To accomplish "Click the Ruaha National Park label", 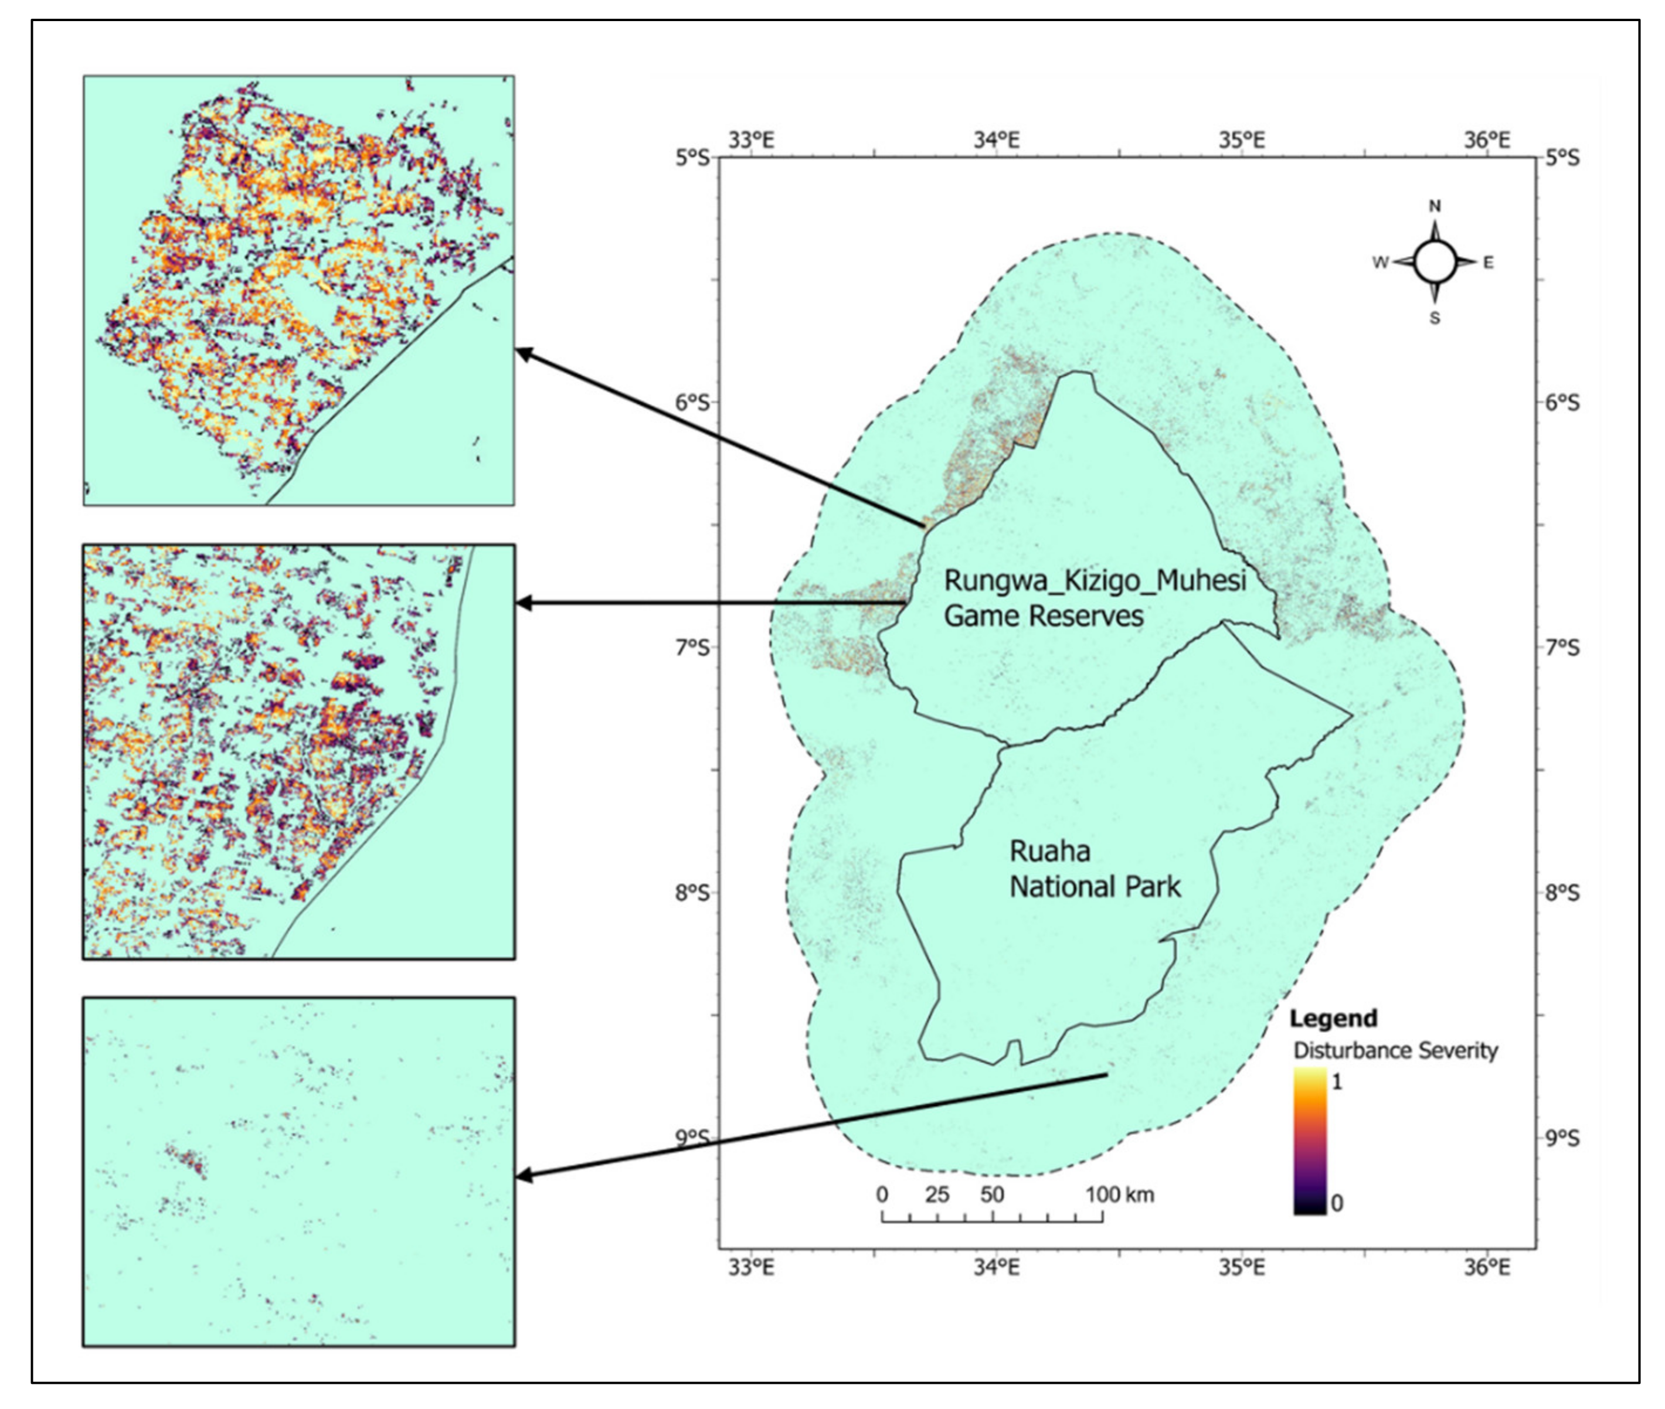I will click(x=1095, y=869).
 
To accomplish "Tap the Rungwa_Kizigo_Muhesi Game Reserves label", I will click(x=1095, y=597).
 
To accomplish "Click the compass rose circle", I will click(x=1435, y=262).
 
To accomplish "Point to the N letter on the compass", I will click(x=1435, y=206).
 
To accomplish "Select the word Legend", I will click(x=1333, y=1019).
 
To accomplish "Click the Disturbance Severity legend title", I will click(x=1395, y=1050).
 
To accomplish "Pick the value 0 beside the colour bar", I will click(x=1337, y=1203).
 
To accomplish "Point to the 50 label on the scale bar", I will click(x=993, y=1195).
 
